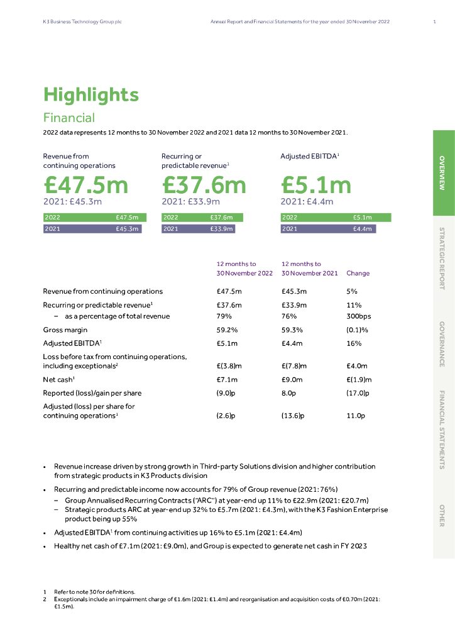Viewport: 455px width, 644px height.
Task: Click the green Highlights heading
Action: click(x=90, y=95)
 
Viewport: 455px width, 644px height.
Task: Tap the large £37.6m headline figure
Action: click(x=204, y=185)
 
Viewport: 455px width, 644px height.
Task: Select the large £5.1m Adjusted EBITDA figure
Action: click(x=316, y=185)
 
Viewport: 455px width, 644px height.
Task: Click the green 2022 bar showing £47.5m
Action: click(x=94, y=218)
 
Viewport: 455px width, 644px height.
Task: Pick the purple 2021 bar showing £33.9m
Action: click(x=198, y=229)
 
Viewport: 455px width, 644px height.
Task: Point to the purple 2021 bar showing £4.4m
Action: click(x=327, y=229)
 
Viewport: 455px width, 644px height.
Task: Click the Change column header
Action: click(x=358, y=274)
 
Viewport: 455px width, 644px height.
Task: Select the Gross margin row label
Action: click(x=65, y=330)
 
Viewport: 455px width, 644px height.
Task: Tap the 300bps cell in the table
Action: click(x=358, y=316)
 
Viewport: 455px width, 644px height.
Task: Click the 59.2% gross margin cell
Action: click(x=227, y=330)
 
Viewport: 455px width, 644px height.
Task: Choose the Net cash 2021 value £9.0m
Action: click(x=292, y=380)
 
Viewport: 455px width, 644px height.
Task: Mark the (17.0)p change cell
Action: click(x=358, y=393)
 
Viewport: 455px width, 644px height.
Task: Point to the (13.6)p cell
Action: click(x=293, y=416)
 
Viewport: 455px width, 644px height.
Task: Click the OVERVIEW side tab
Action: click(x=443, y=173)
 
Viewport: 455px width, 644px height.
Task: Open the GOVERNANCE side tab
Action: click(x=442, y=344)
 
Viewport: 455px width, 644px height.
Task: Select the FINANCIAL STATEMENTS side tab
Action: click(x=442, y=430)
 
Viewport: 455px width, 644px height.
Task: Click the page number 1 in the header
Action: click(x=435, y=22)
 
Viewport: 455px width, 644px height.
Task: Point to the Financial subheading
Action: click(x=69, y=118)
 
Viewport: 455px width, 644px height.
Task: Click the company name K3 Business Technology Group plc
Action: click(x=78, y=22)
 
